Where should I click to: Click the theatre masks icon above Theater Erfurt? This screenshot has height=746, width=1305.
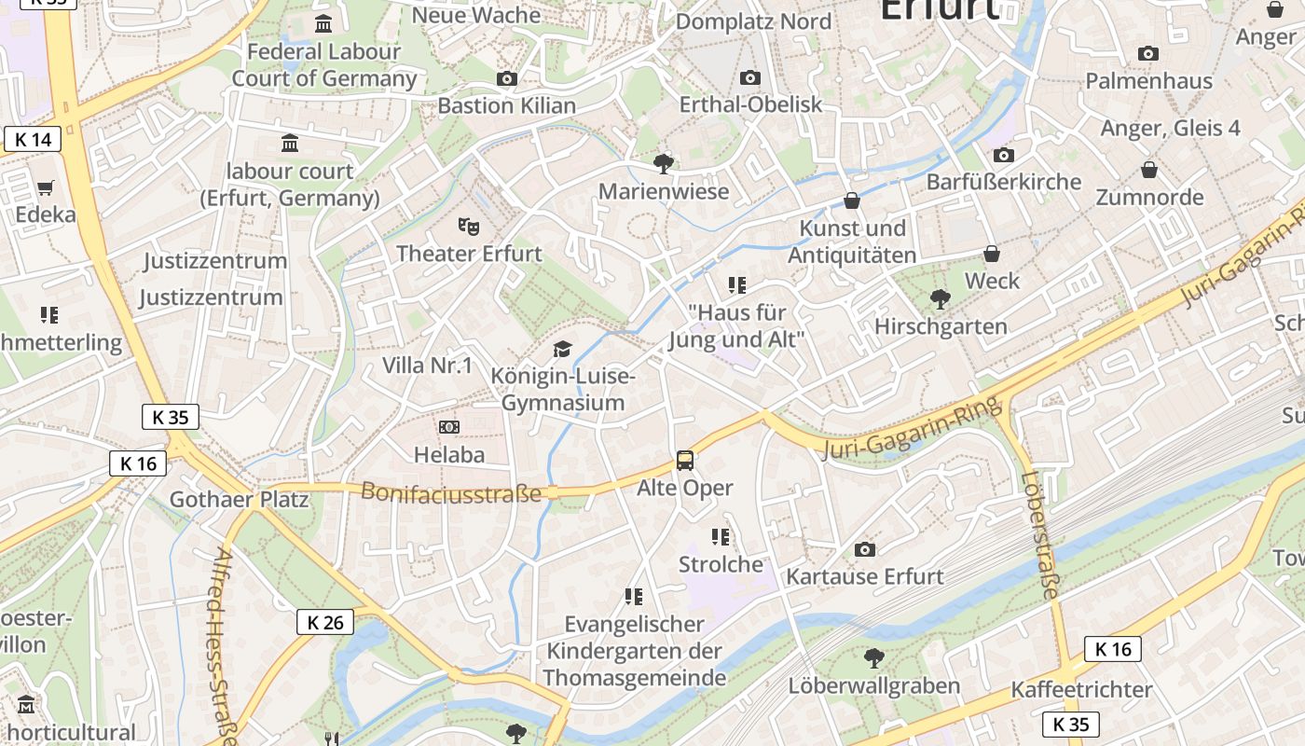[468, 226]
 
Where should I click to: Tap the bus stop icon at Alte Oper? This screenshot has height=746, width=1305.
[685, 460]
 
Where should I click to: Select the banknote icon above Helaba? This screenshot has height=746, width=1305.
[449, 427]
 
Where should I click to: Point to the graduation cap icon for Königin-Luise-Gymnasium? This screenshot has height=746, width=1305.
[562, 350]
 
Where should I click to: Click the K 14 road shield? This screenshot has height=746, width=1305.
[33, 140]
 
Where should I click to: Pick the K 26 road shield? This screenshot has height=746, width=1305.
[325, 622]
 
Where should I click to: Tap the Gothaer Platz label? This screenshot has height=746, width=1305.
[239, 499]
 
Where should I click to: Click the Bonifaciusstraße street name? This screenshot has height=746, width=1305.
[450, 492]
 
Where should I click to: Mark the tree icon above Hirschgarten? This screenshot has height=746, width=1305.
[941, 299]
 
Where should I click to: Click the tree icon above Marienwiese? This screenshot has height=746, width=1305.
[664, 164]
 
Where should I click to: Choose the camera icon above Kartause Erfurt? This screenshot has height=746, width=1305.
[865, 549]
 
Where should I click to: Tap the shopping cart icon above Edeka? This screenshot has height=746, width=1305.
[46, 187]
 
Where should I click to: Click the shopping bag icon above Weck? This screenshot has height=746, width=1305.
[992, 254]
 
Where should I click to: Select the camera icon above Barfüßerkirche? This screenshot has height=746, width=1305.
[1004, 155]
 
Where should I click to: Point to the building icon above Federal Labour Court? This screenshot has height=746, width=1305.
[323, 23]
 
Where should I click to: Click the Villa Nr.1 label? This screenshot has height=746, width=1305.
[428, 366]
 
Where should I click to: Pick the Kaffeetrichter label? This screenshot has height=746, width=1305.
[1081, 690]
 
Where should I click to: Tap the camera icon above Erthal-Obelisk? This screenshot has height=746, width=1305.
[750, 77]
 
